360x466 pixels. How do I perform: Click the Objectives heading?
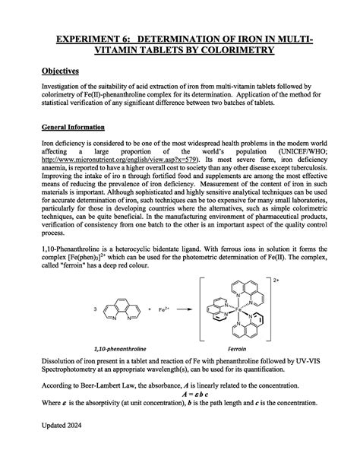60,71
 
